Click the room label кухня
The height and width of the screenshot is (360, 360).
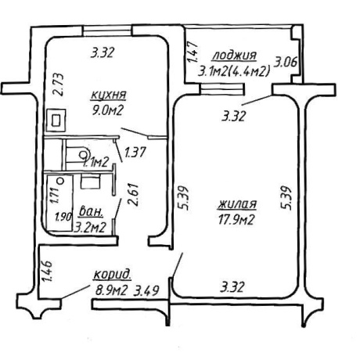pos(109,95)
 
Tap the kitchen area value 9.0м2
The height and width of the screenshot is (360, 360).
pos(107,110)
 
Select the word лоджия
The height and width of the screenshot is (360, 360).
pos(235,56)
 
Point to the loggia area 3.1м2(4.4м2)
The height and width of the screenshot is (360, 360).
pos(234,71)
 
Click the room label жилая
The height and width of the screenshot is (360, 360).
pos(237,204)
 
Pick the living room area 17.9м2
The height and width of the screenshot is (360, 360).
pos(236,220)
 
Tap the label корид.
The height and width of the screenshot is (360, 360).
pos(112,275)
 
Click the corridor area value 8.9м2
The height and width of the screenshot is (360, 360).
pos(111,290)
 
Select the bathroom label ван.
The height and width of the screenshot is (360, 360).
pos(91,212)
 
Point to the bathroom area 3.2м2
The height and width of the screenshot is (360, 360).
pos(90,228)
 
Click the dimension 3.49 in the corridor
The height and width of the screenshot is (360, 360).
pos(146,290)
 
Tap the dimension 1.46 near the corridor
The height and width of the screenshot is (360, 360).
pos(49,272)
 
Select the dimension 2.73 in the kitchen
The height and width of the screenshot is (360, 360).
pos(58,85)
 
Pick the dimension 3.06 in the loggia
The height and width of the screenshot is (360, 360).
pos(286,62)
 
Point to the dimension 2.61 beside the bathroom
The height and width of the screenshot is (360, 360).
pos(133,195)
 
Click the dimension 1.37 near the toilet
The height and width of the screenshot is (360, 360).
pos(135,153)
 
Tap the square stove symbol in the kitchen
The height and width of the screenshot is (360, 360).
pos(56,121)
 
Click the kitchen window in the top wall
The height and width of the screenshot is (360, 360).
pos(107,31)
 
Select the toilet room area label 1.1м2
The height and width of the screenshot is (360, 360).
pos(95,162)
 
